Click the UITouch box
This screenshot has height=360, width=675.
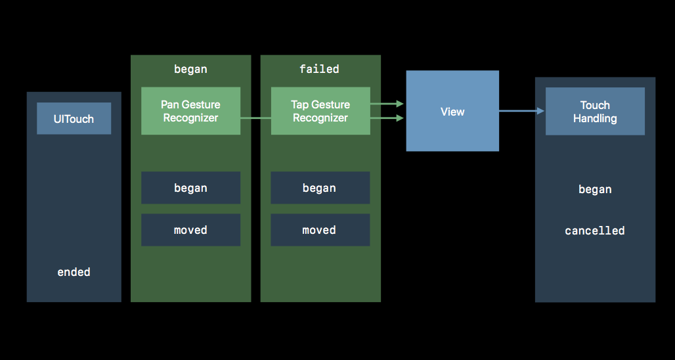74,118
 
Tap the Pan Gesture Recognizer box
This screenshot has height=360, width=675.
190,110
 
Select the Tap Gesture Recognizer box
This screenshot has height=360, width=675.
320,110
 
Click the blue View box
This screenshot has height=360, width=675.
452,110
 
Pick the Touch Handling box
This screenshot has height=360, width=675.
595,111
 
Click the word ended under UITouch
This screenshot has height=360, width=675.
74,272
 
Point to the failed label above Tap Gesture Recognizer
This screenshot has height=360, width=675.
319,69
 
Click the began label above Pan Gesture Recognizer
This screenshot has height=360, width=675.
190,69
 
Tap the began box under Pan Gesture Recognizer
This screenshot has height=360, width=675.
190,188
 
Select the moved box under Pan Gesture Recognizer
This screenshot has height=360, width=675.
190,230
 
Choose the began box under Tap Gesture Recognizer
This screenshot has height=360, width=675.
320,188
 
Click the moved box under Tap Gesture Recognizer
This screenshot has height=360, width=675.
320,230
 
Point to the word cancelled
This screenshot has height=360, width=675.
594,231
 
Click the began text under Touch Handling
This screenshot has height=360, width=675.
595,189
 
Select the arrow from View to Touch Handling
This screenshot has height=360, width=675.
522,111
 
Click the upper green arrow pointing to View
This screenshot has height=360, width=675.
387,104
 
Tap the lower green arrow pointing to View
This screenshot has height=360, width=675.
387,118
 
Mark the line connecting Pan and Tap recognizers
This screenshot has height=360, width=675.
255,118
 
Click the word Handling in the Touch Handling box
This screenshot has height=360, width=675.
595,118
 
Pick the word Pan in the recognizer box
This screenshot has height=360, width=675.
169,104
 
